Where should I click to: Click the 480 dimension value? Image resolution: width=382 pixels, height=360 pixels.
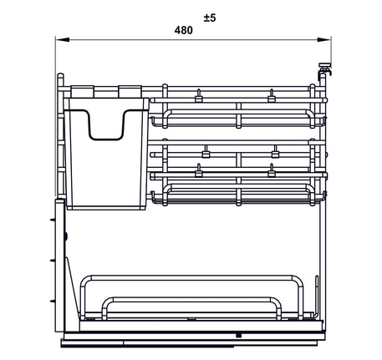(x=184, y=30)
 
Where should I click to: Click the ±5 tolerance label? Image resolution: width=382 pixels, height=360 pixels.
(x=209, y=16)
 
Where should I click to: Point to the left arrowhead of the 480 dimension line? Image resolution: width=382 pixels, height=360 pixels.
(x=60, y=38)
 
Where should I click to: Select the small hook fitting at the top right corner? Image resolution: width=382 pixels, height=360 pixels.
(x=324, y=74)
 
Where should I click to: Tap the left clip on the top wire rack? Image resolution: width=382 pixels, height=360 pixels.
(x=199, y=96)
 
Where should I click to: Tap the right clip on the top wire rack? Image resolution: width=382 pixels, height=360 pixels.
(x=272, y=96)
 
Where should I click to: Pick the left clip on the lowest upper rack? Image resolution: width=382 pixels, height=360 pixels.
(x=199, y=172)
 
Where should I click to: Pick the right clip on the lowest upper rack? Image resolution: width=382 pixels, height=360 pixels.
(x=272, y=172)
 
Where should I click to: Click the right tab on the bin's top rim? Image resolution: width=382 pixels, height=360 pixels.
(x=130, y=91)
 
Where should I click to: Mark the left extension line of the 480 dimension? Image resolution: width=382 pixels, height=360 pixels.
(x=56, y=58)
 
